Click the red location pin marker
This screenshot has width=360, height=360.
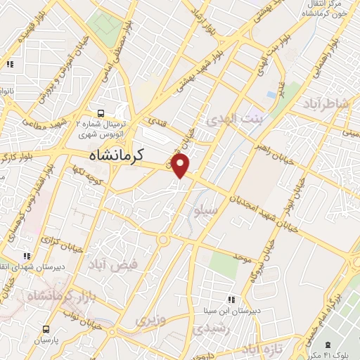click(181, 165)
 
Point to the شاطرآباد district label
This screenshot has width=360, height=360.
click(326, 104)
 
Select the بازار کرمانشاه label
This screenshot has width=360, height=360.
click(55, 297)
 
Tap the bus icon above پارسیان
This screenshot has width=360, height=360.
click(46, 328)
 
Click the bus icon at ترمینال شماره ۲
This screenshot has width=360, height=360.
click(102, 112)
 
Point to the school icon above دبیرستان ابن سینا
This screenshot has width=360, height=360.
click(232, 299)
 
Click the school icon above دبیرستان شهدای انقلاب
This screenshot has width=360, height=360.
click(27, 256)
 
